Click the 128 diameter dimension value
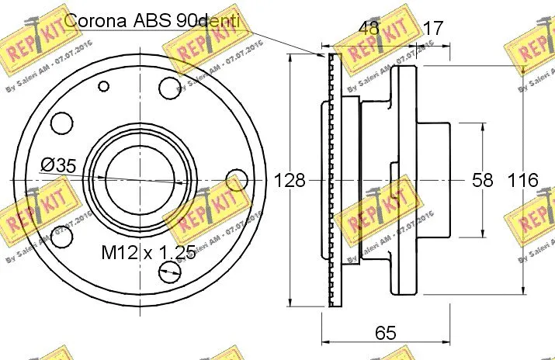[290, 181]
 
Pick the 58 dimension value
[482, 181]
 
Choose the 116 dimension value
[522, 181]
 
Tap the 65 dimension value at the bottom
[386, 333]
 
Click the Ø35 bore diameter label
[57, 164]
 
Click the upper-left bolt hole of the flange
[61, 122]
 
